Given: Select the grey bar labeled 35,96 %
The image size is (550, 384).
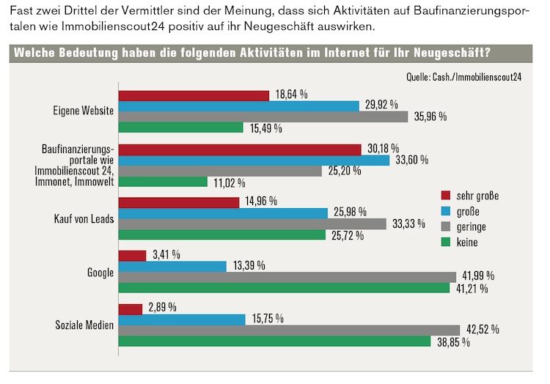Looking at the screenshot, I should coord(263,117).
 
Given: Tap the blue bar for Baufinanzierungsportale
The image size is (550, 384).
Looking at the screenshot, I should coord(254,160).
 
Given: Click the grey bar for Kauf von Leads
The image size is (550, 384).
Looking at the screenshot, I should coord(252,224).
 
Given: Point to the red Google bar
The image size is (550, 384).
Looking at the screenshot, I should coord(132,256).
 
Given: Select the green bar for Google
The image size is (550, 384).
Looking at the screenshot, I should coord(284,288).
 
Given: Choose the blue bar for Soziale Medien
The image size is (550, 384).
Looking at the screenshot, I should coord(182,320).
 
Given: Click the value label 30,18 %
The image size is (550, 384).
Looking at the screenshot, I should coord(383,148).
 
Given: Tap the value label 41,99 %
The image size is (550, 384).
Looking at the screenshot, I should coord(479,276).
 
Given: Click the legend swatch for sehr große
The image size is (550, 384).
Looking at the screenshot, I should coord(445,196).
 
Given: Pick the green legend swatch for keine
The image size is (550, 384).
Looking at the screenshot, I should coord(445,242).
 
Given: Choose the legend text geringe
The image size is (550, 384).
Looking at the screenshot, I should coord(471,226).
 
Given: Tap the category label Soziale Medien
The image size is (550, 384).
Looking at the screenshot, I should coord(85,325).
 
